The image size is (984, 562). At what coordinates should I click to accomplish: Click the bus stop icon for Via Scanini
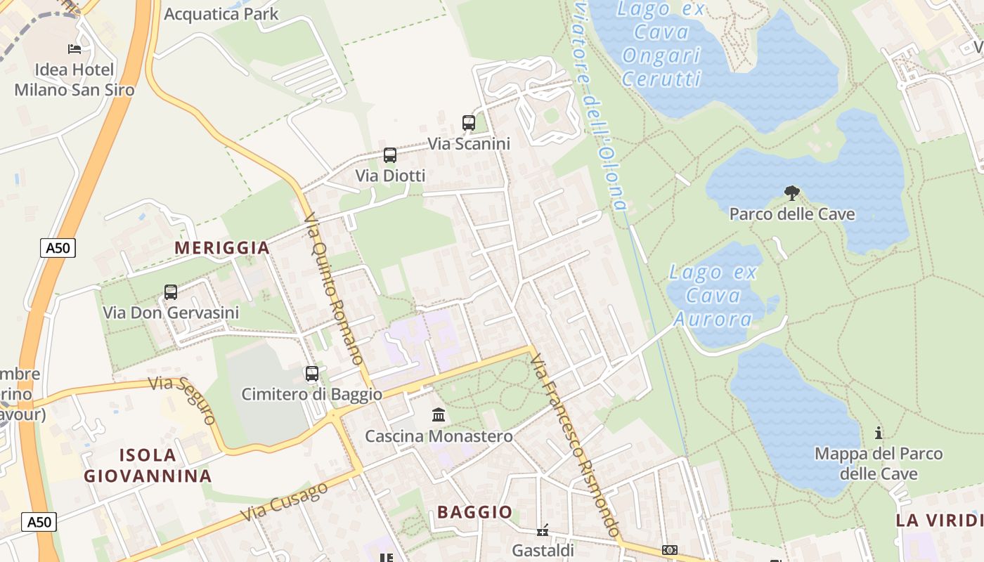click(x=469, y=123)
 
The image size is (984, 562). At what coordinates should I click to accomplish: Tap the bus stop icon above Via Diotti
click(x=390, y=155)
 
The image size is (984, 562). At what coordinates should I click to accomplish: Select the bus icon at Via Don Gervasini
click(x=170, y=292)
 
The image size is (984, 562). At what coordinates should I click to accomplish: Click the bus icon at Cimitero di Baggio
click(x=311, y=374)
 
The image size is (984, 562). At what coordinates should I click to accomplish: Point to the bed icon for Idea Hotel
click(x=75, y=48)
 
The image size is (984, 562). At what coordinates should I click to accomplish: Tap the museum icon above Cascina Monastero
click(x=439, y=415)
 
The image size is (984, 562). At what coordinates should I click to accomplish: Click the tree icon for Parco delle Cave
click(x=792, y=193)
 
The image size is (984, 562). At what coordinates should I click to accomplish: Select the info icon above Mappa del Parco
click(x=878, y=433)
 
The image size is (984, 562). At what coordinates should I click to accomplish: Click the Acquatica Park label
click(x=221, y=14)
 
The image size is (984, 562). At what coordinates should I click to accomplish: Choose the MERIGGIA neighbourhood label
click(x=222, y=248)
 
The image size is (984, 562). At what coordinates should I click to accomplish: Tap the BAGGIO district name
click(x=475, y=512)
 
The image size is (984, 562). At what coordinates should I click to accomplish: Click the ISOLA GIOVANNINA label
click(x=148, y=465)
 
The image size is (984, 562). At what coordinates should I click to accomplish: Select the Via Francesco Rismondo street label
click(x=574, y=445)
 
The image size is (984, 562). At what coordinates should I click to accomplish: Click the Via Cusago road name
click(x=285, y=502)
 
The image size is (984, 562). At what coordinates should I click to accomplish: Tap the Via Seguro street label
click(x=183, y=400)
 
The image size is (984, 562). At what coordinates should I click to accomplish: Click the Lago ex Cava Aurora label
click(x=713, y=296)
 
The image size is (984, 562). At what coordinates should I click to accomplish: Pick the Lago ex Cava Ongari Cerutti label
click(x=661, y=44)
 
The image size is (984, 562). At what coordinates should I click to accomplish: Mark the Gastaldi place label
click(x=543, y=550)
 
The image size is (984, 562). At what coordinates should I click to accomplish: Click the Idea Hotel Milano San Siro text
click(x=75, y=79)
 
